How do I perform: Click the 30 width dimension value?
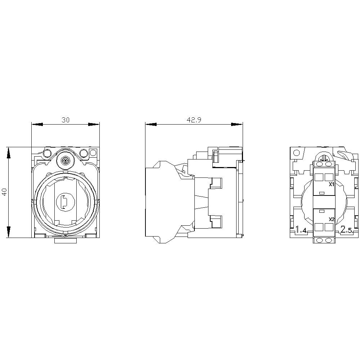point(66,120)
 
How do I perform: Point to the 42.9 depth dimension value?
point(194,120)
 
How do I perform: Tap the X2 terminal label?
point(331,219)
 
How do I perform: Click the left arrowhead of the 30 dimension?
point(37,124)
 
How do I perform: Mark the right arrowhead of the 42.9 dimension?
point(237,124)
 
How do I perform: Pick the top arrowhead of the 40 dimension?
point(9,153)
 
